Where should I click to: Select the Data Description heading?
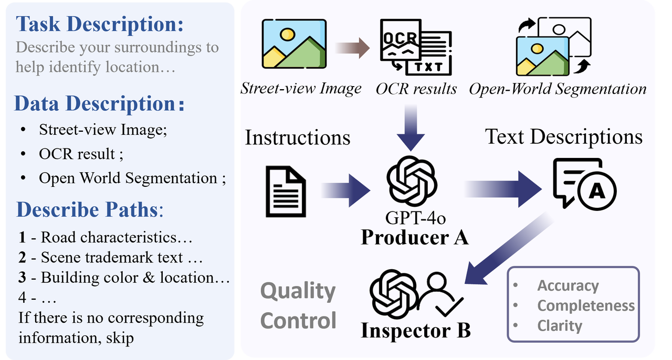click(x=99, y=103)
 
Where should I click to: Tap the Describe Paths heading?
click(x=90, y=210)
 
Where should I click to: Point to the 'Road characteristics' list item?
click(x=106, y=237)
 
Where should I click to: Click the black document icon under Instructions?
click(x=286, y=192)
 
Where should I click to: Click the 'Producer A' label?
click(x=414, y=237)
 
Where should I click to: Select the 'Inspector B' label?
click(x=415, y=331)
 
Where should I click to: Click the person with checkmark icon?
click(x=440, y=295)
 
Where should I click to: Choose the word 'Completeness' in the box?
click(x=586, y=305)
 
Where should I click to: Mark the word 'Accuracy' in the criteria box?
click(x=568, y=285)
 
